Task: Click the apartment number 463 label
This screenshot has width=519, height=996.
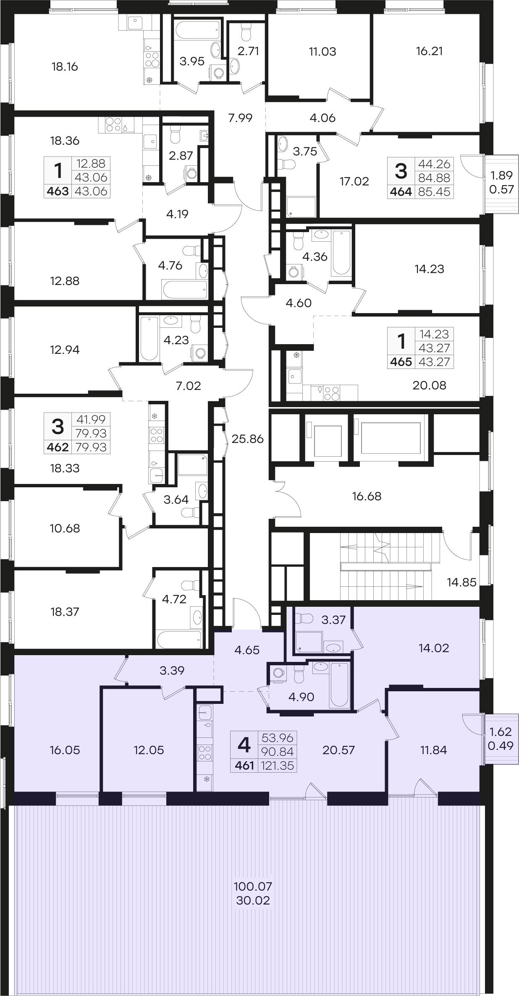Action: point(58,191)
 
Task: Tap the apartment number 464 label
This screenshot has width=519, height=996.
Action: point(401,192)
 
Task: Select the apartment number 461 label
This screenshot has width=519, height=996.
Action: point(245,766)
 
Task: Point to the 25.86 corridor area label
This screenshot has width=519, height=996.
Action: point(247,439)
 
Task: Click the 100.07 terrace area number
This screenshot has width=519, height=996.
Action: point(253,886)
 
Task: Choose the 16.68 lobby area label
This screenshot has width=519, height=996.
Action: point(367,496)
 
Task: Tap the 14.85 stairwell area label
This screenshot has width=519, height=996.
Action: point(461,582)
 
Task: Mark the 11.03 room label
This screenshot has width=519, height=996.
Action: point(322,52)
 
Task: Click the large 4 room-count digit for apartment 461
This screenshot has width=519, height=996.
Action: point(244,745)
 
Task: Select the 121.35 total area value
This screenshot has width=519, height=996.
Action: point(279,766)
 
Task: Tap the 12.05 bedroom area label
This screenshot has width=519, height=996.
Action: point(149,750)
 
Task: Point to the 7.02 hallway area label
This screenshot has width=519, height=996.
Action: point(189,386)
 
